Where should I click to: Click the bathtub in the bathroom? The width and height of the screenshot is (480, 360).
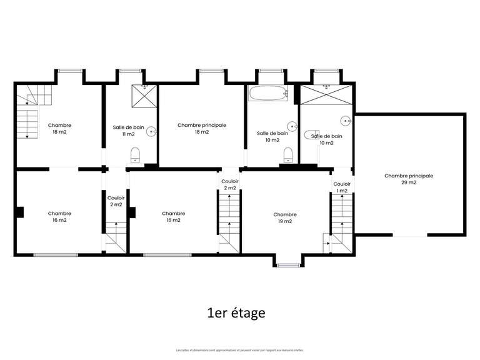coord(267,94)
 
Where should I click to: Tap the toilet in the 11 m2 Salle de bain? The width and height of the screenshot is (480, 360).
coord(134,154)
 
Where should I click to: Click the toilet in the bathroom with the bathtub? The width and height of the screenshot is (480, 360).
coord(288,154)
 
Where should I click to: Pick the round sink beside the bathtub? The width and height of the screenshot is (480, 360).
coord(291,125)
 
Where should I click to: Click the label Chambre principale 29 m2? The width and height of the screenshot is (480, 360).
coord(409,179)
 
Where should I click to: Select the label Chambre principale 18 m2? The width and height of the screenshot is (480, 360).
coord(202,129)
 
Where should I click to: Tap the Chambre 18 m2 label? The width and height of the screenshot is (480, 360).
coord(59,129)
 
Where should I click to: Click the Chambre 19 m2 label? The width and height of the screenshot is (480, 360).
coord(285,217)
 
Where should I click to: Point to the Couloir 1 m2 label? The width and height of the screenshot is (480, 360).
coord(342,187)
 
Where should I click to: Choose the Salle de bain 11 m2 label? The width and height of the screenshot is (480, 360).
coord(128,131)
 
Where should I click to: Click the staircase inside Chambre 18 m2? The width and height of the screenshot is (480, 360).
coord(27,116)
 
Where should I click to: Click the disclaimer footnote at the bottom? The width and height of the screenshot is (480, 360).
coord(239,350)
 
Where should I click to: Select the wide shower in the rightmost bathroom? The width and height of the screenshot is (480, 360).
coord(326,94)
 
